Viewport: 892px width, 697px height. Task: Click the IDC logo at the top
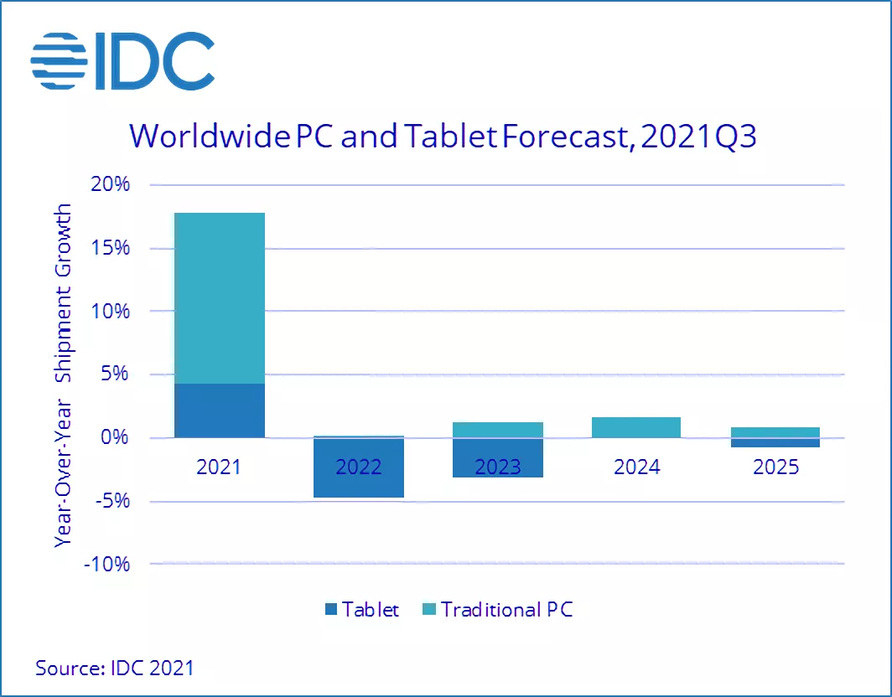click(x=122, y=60)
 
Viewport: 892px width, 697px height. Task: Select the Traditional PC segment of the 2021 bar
click(x=219, y=298)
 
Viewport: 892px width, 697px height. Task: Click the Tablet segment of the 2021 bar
click(x=219, y=410)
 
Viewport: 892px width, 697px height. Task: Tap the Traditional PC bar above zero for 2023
click(x=498, y=430)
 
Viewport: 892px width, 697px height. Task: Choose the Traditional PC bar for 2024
click(x=636, y=427)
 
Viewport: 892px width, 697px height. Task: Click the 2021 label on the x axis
click(x=219, y=466)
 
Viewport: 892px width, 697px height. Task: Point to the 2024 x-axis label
click(x=636, y=466)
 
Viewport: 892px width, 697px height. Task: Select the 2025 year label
click(x=775, y=466)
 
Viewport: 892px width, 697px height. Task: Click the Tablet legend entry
click(x=360, y=609)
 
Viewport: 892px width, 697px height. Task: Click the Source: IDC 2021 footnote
click(x=114, y=668)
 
